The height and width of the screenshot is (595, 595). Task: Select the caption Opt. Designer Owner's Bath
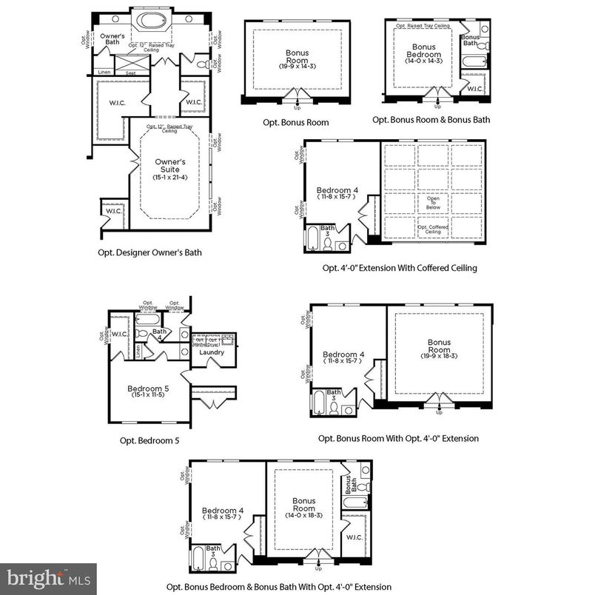tap(149, 252)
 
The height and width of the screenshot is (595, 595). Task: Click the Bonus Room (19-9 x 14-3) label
tap(297, 58)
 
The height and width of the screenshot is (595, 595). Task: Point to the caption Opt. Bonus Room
tap(295, 122)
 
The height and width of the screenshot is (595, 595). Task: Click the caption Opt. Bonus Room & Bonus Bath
tap(431, 119)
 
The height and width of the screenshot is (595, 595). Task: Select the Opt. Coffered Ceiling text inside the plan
tap(433, 229)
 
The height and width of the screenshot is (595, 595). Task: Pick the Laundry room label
tap(212, 352)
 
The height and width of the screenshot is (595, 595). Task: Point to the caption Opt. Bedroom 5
tap(149, 440)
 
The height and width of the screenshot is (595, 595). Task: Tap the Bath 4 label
tap(159, 334)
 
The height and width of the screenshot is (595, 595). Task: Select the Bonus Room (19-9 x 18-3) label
tap(439, 347)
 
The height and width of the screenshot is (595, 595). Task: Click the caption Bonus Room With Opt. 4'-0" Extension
tap(398, 438)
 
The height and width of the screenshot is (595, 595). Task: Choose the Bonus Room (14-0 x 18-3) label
tap(303, 505)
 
